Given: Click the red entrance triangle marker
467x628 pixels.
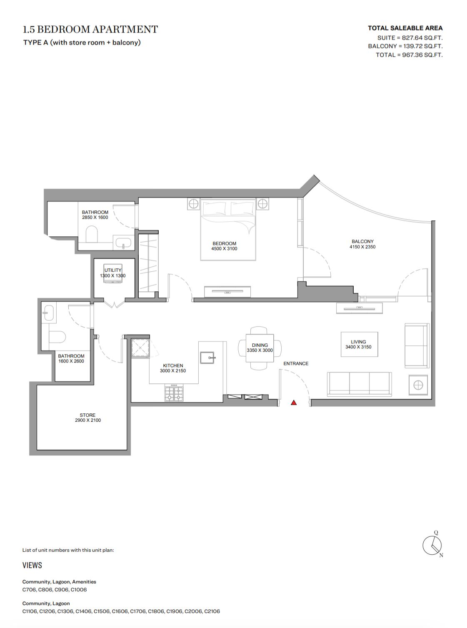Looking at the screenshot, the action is point(294,402).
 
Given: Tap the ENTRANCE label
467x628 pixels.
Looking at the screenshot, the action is point(296,363).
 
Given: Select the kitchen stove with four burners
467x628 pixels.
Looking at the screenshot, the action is point(174,393).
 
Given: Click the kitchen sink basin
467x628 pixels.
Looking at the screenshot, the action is point(207,358).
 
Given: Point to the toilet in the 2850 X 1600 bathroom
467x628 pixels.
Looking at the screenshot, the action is point(91,234).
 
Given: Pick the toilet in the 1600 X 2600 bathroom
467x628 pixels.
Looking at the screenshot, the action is point(58,337).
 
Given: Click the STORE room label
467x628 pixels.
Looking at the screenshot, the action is point(87,415).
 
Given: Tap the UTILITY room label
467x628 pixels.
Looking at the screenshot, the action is point(113,270).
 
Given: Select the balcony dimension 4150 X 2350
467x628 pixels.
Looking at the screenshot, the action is point(362,247).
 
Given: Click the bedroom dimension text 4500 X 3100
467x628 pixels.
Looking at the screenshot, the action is point(224,249).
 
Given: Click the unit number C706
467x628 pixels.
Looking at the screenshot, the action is point(29,590).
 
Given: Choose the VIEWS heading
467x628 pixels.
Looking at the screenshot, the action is point(32,565).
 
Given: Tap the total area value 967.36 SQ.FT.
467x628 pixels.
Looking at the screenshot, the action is point(422,55).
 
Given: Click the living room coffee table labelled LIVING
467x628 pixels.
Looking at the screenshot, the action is point(359,344).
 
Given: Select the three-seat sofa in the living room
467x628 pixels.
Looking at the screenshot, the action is point(360,384).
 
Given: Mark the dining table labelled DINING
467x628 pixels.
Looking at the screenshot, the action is point(260,348).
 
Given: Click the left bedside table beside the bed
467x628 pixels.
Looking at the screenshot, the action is point(194,204).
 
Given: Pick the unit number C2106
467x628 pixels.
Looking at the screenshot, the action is point(212,611).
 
